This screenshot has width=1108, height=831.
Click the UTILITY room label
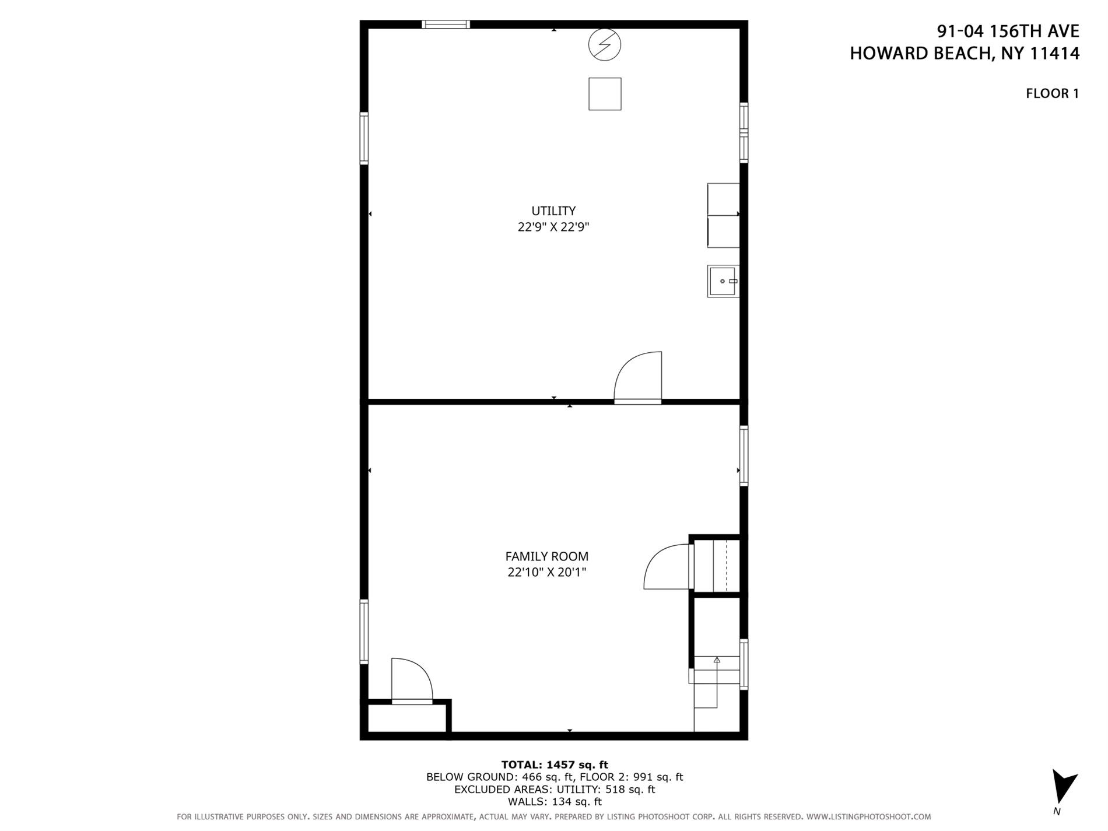coord(553,211)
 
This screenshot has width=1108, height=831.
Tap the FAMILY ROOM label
coord(546,556)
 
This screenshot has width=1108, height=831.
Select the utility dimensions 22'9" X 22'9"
coord(553,227)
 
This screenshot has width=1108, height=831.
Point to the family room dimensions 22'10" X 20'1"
coord(546,572)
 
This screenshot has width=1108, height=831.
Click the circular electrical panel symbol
coord(605,45)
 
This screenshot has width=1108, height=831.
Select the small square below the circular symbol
coord(605,94)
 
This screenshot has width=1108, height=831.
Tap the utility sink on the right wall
coord(723,281)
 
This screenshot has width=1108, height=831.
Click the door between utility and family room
coord(638,378)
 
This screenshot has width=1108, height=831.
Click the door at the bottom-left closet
coord(412,681)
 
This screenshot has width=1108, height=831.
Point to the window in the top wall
coord(446,24)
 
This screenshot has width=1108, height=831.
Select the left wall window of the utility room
coord(364,139)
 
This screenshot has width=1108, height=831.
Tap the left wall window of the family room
coord(364,632)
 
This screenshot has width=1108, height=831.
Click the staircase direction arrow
coord(717,661)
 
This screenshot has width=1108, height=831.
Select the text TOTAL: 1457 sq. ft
coord(554,765)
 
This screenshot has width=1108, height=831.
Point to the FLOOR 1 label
coord(1052,93)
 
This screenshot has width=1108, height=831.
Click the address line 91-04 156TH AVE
coord(1008,31)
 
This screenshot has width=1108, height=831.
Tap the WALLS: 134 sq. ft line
coord(554,802)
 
